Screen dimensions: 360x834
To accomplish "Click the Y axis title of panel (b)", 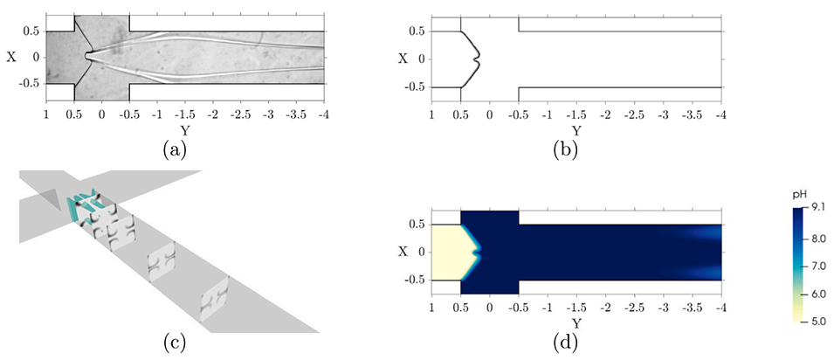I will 576,130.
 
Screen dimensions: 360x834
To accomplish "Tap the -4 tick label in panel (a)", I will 324,114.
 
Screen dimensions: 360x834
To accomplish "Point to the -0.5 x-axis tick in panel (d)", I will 519,310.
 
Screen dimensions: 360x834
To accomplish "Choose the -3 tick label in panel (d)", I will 664,310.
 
